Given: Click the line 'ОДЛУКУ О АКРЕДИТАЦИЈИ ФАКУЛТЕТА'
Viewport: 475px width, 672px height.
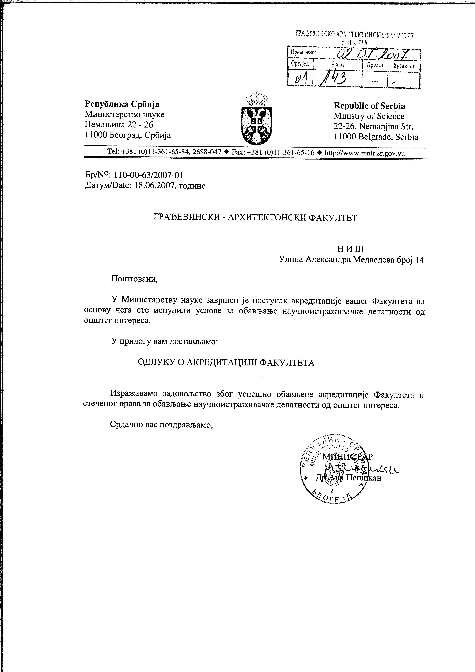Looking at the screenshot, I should (226, 363).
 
